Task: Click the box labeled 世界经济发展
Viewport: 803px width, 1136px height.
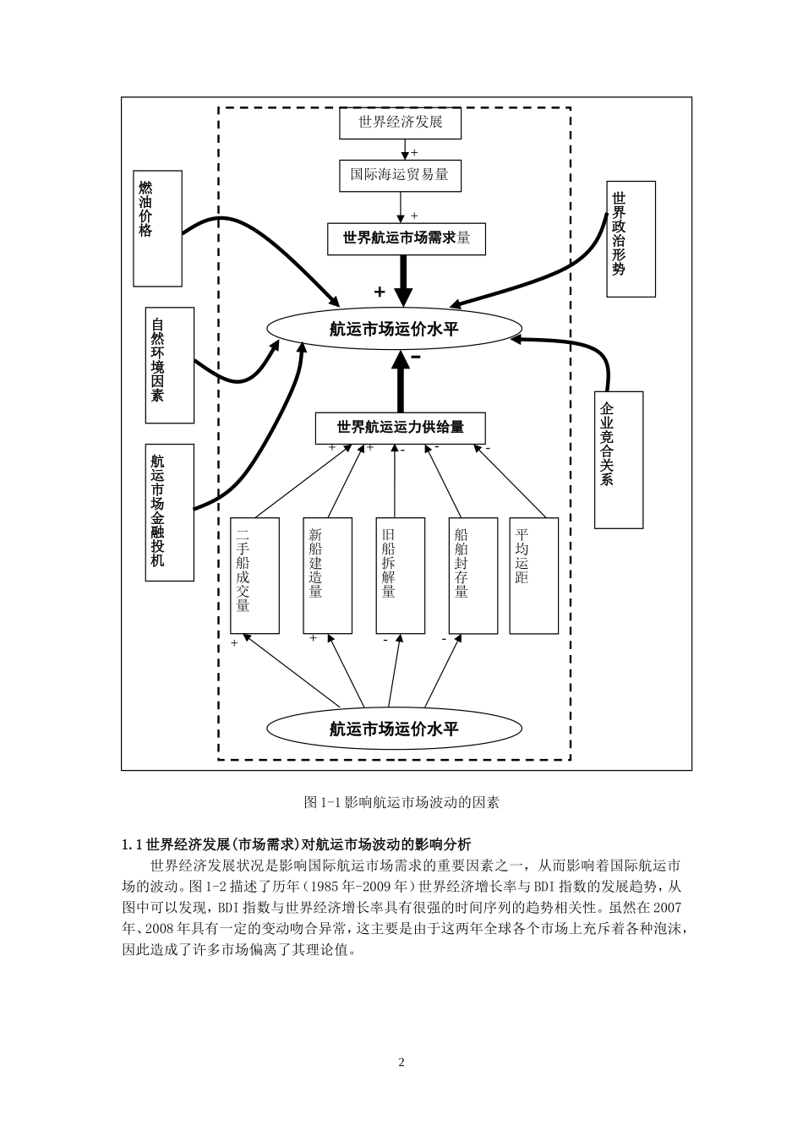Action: click(401, 123)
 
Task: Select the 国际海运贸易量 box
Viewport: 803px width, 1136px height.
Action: click(400, 176)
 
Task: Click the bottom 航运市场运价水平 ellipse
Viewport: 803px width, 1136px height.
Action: click(394, 729)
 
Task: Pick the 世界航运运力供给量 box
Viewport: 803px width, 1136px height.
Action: click(400, 428)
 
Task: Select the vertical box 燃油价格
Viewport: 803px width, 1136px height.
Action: click(157, 228)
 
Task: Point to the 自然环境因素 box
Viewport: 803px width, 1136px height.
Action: click(169, 365)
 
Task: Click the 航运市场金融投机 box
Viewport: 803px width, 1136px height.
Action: click(169, 512)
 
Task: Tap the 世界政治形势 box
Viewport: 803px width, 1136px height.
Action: click(631, 238)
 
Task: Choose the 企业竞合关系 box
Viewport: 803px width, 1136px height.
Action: click(619, 460)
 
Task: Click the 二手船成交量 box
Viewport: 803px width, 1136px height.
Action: click(254, 576)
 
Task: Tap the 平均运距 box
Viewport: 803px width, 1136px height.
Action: click(533, 576)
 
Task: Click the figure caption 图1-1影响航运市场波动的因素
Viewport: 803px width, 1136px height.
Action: click(401, 801)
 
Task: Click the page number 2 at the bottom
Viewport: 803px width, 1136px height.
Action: click(401, 1062)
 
